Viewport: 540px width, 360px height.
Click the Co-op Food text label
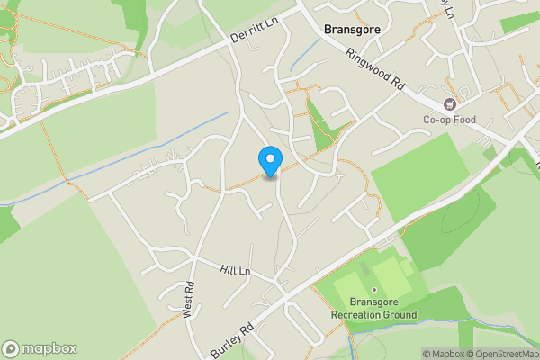pyautogui.click(x=449, y=119)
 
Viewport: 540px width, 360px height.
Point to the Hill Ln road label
pyautogui.click(x=235, y=270)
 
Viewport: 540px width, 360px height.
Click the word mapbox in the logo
pyautogui.click(x=49, y=348)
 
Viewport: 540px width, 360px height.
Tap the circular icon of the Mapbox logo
pyautogui.click(x=11, y=348)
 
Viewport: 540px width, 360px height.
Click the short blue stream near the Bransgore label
pyautogui.click(x=304, y=56)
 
